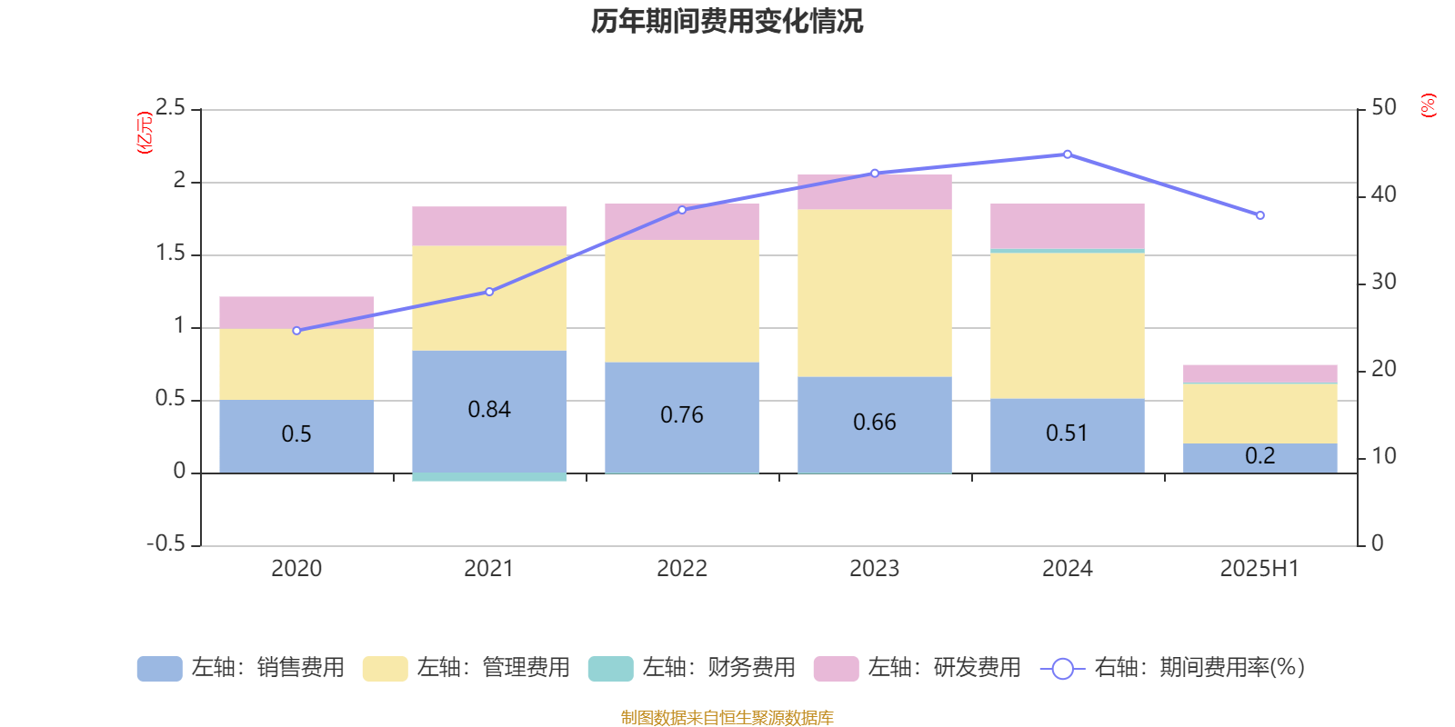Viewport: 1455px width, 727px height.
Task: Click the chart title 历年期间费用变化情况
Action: tap(727, 21)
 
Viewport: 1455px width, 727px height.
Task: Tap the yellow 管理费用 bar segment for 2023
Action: tap(875, 293)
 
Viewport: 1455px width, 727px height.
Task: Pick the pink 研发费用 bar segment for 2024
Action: tap(1068, 225)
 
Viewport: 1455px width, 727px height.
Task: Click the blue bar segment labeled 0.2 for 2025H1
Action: tap(1260, 457)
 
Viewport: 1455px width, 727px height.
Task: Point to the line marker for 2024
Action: tap(1068, 154)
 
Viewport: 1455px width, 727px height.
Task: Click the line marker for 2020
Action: tap(296, 331)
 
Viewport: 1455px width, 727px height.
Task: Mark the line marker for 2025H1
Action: tap(1260, 215)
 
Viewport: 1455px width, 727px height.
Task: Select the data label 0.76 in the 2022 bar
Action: tap(682, 415)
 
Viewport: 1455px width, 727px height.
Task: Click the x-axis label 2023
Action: tap(875, 569)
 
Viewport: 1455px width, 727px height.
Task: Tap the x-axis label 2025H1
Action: tap(1259, 569)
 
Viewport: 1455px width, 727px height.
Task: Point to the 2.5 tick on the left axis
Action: tap(170, 108)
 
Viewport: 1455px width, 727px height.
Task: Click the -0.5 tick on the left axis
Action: tap(166, 543)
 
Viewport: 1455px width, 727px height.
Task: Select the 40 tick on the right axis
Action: tap(1383, 194)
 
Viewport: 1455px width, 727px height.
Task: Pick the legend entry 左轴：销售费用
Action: tap(241, 668)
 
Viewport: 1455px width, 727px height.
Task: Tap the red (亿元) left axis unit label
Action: tap(144, 133)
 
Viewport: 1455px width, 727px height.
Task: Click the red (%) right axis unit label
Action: tap(1429, 105)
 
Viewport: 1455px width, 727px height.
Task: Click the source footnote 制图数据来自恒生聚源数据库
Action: tap(727, 718)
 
